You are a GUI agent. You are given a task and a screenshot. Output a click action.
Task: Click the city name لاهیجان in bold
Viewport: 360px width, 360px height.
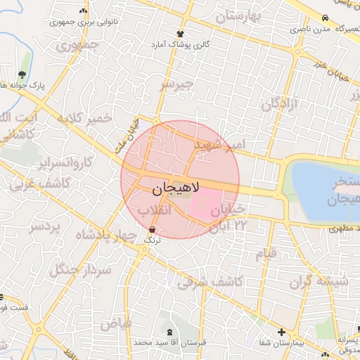click(x=176, y=188)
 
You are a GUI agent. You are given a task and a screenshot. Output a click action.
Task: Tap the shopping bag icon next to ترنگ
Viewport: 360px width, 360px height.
click(x=153, y=230)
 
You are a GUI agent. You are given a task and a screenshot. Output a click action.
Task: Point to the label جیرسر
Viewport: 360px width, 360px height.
click(x=176, y=85)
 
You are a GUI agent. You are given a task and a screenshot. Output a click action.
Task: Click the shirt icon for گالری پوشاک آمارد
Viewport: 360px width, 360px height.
click(x=181, y=33)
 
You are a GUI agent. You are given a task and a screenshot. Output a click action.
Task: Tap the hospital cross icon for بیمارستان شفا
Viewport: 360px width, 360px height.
click(x=281, y=332)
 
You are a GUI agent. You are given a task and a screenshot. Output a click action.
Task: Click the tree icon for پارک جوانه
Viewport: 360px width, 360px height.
click(x=22, y=75)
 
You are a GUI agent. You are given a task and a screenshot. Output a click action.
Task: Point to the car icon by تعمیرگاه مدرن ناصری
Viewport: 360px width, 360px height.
click(x=325, y=18)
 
